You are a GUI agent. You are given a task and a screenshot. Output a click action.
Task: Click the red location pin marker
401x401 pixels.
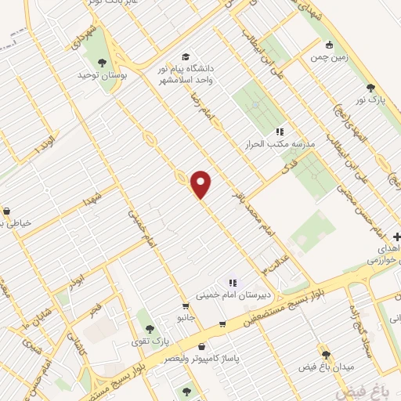pos(201,184)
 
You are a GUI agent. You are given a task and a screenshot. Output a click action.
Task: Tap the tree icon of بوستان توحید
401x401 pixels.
pos(101,62)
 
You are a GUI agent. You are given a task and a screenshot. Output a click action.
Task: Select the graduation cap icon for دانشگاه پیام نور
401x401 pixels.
pos(186,56)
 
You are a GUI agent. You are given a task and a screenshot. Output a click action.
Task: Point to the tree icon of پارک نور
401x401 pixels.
pos(369,89)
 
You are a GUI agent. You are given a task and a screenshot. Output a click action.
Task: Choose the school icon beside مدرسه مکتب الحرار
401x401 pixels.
pos(280,132)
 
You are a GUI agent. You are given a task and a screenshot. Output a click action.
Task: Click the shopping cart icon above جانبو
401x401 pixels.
pos(186,306)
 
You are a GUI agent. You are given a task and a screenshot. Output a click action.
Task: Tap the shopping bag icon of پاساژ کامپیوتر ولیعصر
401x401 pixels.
pos(202,345)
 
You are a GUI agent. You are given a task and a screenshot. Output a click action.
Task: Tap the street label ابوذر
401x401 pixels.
pos(74,280)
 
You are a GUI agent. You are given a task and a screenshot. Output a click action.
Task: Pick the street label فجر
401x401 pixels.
pos(96,309)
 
